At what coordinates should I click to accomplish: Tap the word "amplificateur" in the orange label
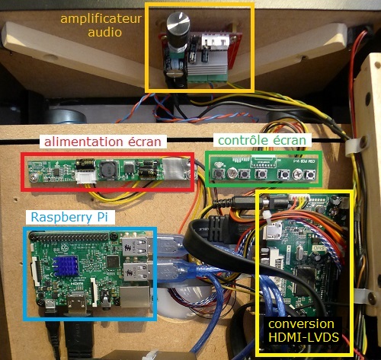point(101,19)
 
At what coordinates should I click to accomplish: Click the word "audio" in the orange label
point(104,32)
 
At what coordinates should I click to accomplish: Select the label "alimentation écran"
point(103,142)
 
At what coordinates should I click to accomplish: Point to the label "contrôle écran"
point(262,140)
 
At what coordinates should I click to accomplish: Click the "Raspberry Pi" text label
point(69,218)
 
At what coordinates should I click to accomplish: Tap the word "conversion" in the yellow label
point(301,324)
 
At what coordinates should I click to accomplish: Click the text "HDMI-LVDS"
point(303,337)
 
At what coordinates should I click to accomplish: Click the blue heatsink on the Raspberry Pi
point(66,266)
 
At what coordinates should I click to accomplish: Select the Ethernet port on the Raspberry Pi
point(136,297)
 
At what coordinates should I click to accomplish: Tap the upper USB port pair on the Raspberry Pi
point(136,246)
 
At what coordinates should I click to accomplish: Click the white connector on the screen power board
point(86,176)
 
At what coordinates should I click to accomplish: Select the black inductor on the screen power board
point(108,169)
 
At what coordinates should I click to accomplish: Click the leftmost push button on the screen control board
point(219,174)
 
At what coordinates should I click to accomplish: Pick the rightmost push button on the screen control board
point(309,175)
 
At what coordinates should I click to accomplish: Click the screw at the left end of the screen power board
point(34,177)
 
